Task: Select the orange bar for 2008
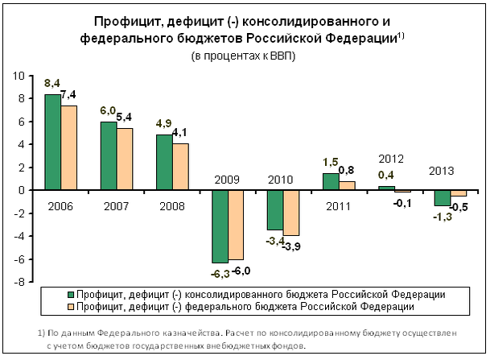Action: pyautogui.click(x=180, y=167)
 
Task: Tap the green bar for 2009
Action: pyautogui.click(x=219, y=226)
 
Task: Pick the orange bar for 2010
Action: pyautogui.click(x=291, y=213)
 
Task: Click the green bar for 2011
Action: pyautogui.click(x=331, y=182)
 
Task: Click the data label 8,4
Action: pyautogui.click(x=51, y=83)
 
